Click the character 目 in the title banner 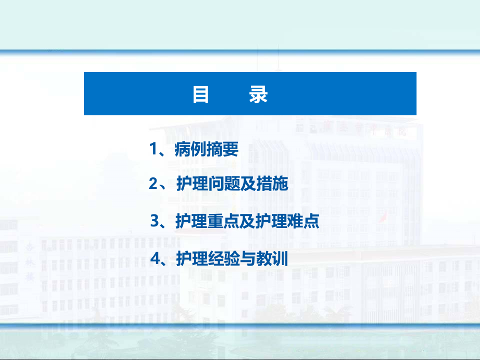(x=201, y=94)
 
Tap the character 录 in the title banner (x=258, y=94)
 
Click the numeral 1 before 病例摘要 (x=153, y=150)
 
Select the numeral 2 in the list (x=153, y=184)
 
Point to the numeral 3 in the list (x=154, y=221)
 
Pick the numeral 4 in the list (x=154, y=259)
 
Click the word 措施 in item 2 (x=272, y=184)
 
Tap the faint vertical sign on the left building (x=29, y=258)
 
